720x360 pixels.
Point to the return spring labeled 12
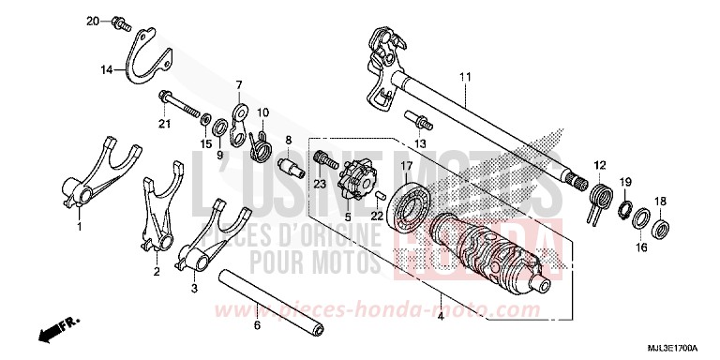[x=599, y=193]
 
